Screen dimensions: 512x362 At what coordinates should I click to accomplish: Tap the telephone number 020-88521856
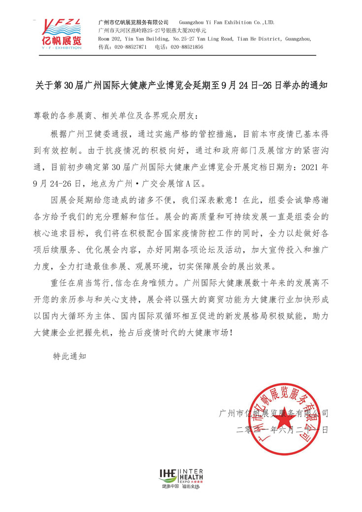pos(187,47)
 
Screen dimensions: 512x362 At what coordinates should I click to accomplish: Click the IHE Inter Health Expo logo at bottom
pos(181,474)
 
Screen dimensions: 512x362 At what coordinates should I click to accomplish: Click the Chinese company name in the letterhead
pos(133,22)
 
